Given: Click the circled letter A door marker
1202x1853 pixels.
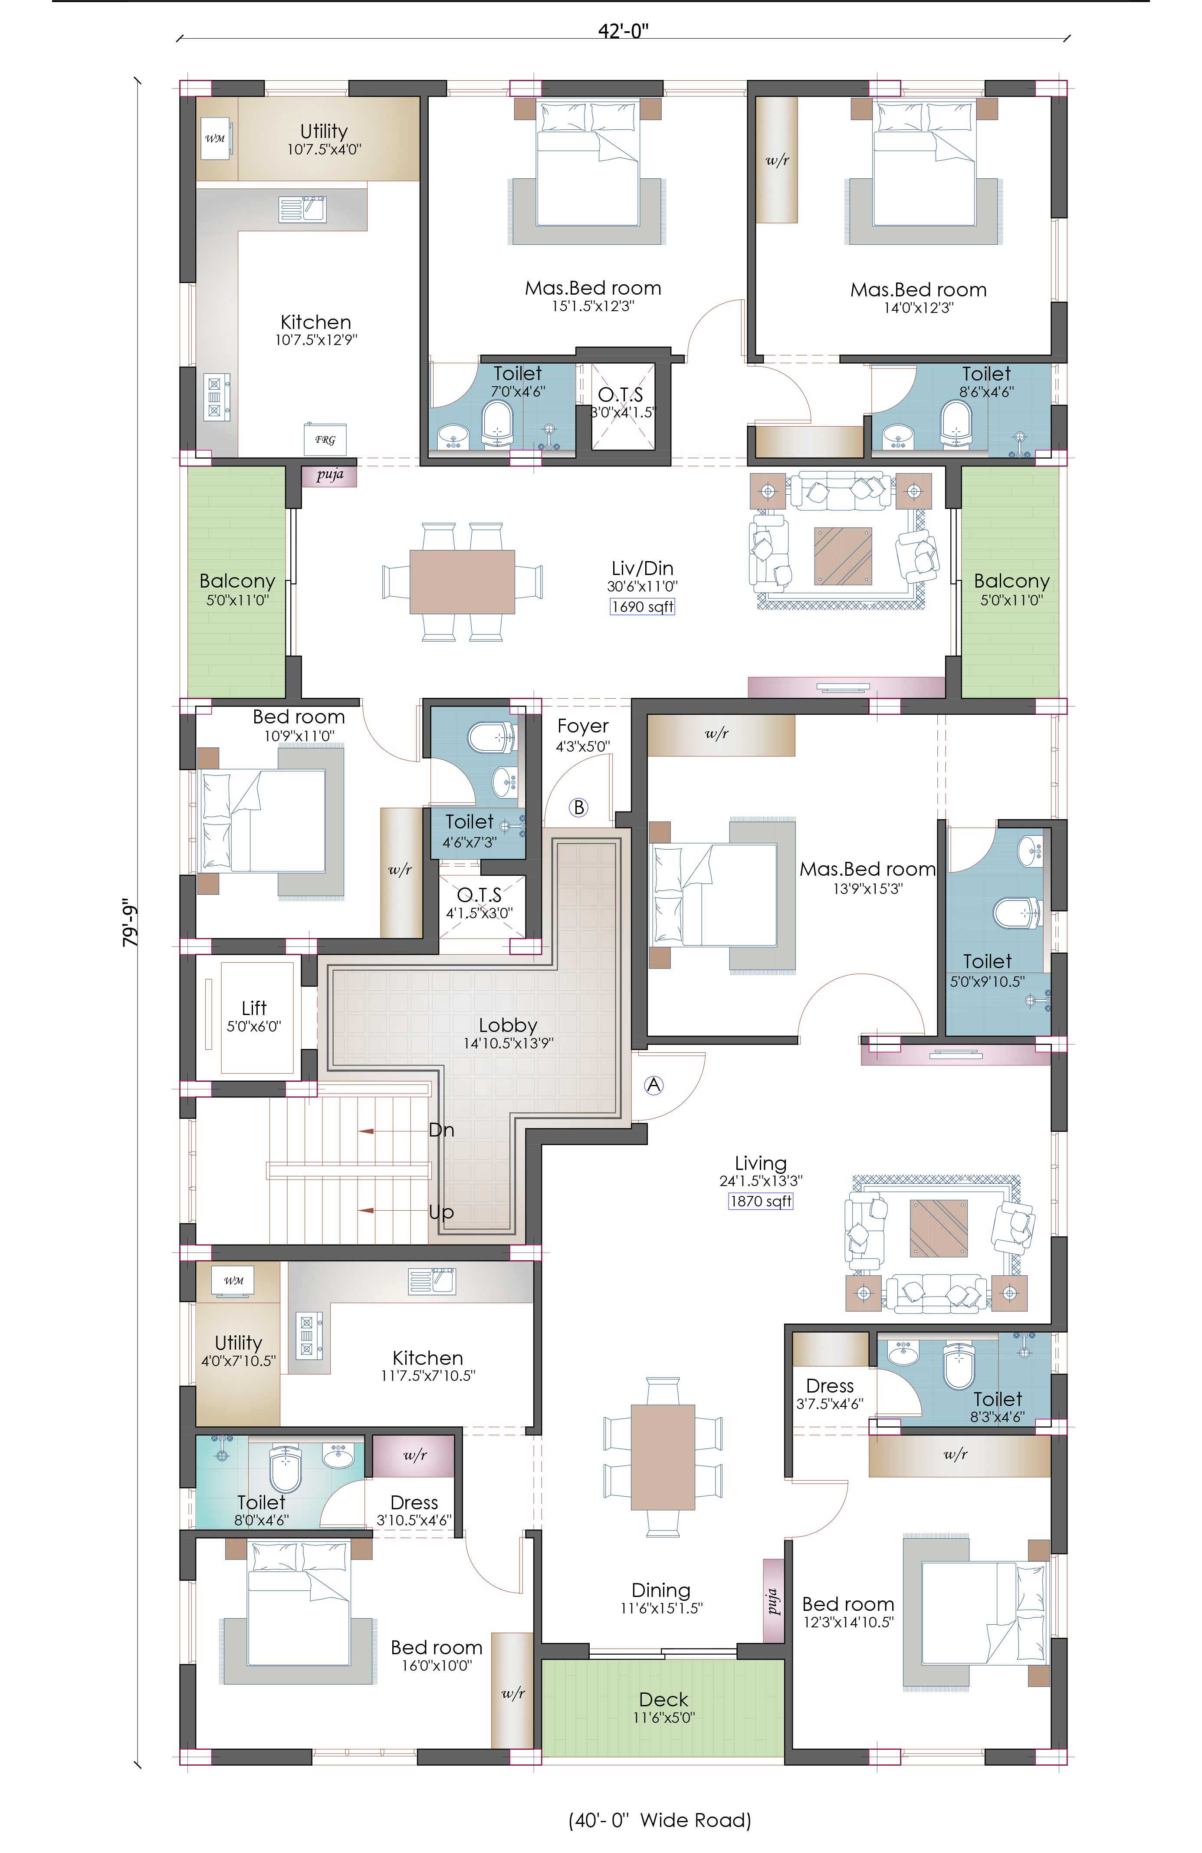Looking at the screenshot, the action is point(654,1084).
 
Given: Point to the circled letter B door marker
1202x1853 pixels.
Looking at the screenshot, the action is point(578,807).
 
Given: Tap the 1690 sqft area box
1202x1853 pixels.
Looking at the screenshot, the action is point(642,607).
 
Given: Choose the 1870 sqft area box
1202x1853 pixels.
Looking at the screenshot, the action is point(761,1201).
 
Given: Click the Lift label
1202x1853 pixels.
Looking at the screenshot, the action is point(254,1008).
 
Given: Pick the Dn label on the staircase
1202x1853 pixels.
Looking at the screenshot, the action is point(441,1130).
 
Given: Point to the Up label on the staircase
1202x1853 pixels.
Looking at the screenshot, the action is point(441,1212).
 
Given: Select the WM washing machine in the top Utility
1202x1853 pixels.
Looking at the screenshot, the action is point(216,138).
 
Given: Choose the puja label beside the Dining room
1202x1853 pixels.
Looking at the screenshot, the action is point(773,1601).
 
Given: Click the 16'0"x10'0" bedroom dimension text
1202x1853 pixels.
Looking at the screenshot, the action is point(437,1666).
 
